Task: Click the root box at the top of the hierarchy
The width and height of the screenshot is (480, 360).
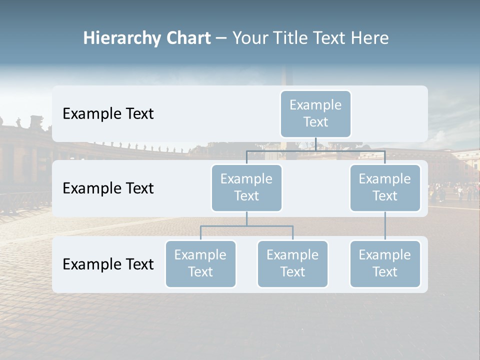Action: [x=315, y=113]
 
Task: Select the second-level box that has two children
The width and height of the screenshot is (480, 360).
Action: [x=246, y=187]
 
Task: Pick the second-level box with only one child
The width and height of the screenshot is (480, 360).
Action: [x=385, y=187]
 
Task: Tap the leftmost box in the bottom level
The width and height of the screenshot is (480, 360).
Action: [x=200, y=263]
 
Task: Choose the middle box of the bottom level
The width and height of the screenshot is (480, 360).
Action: [x=292, y=263]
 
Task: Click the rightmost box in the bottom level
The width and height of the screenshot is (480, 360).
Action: [x=385, y=263]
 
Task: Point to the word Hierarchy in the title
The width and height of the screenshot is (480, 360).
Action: [x=122, y=38]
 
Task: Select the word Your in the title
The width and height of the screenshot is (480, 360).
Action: [x=248, y=38]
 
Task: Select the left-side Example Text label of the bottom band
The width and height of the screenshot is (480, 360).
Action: [x=108, y=264]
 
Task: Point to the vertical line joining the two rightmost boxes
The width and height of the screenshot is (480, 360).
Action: [x=385, y=226]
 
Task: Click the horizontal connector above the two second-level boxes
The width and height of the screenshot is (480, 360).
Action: [x=315, y=150]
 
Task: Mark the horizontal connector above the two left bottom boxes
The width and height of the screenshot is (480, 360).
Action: [x=246, y=226]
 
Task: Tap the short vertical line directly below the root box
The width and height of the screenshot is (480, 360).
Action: [x=315, y=144]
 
